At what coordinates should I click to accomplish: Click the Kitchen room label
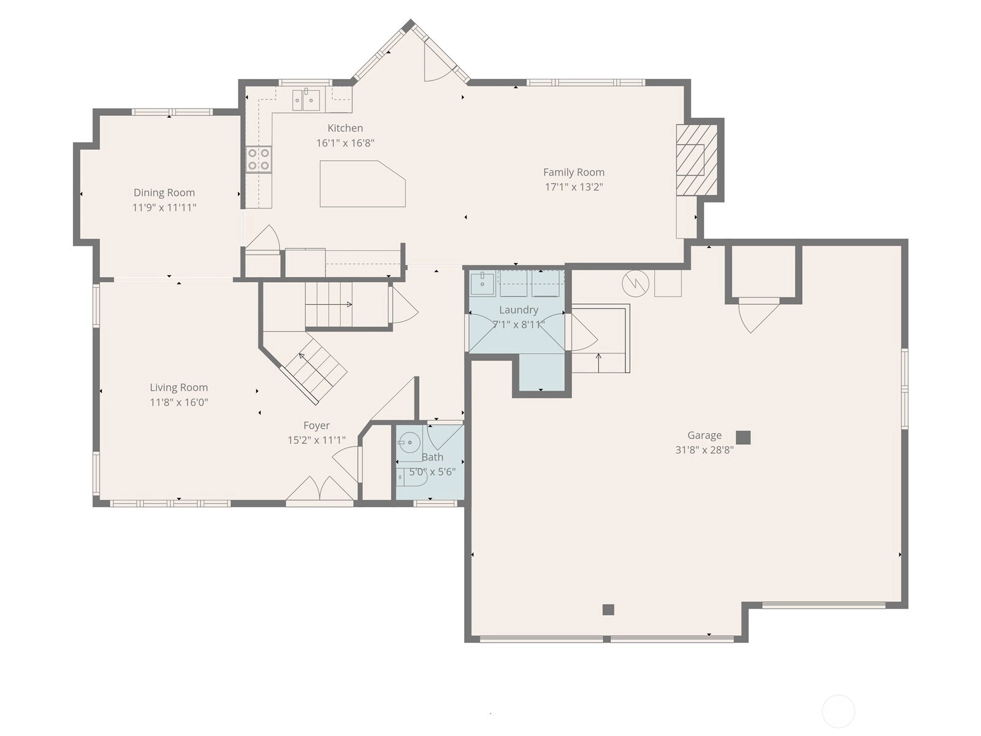click(x=345, y=128)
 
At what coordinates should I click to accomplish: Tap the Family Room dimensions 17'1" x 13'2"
click(x=574, y=187)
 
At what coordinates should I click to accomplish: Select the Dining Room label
click(x=164, y=193)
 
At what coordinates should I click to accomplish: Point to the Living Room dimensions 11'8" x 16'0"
click(x=179, y=402)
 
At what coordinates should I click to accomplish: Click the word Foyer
click(x=316, y=426)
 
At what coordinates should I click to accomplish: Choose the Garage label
click(x=704, y=435)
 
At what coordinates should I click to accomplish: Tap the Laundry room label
click(x=519, y=310)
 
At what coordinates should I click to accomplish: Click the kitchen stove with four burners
click(x=259, y=159)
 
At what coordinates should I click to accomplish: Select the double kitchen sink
click(x=307, y=99)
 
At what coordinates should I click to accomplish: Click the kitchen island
click(x=362, y=183)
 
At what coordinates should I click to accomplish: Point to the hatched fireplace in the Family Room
click(x=697, y=159)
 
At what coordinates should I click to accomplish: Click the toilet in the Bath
click(x=411, y=477)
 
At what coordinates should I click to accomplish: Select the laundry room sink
click(x=483, y=284)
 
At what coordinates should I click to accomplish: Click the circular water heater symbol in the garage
click(x=636, y=283)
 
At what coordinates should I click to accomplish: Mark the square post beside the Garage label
click(x=743, y=437)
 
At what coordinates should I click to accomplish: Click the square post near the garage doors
click(x=608, y=610)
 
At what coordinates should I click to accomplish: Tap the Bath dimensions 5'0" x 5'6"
click(x=432, y=472)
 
